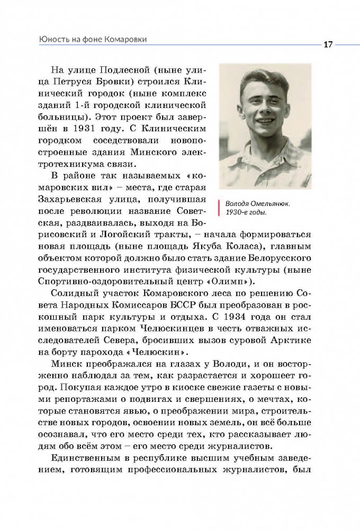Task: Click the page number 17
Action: click(x=328, y=44)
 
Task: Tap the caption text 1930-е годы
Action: click(x=246, y=213)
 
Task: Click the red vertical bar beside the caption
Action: click(x=218, y=208)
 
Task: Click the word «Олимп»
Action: click(x=228, y=280)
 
